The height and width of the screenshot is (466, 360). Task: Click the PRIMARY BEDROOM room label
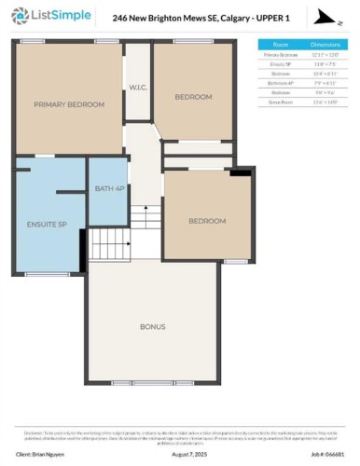pos(69,104)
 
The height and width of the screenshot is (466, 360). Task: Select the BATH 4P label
pos(108,189)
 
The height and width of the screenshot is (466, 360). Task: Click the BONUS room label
pos(153,327)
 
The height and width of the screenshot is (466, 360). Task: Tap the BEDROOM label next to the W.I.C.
pos(193,96)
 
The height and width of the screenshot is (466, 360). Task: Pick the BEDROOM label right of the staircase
pos(207,221)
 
